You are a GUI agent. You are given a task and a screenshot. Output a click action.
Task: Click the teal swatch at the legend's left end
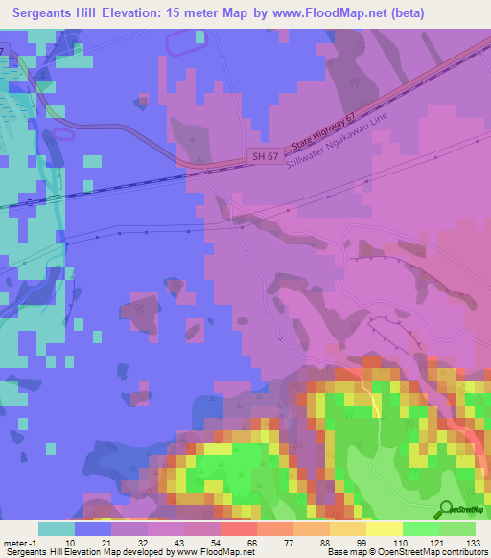tap(57, 528)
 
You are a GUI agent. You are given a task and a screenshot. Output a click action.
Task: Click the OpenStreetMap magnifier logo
tap(447, 508)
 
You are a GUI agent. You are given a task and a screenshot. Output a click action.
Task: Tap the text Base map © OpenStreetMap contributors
tap(407, 552)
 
